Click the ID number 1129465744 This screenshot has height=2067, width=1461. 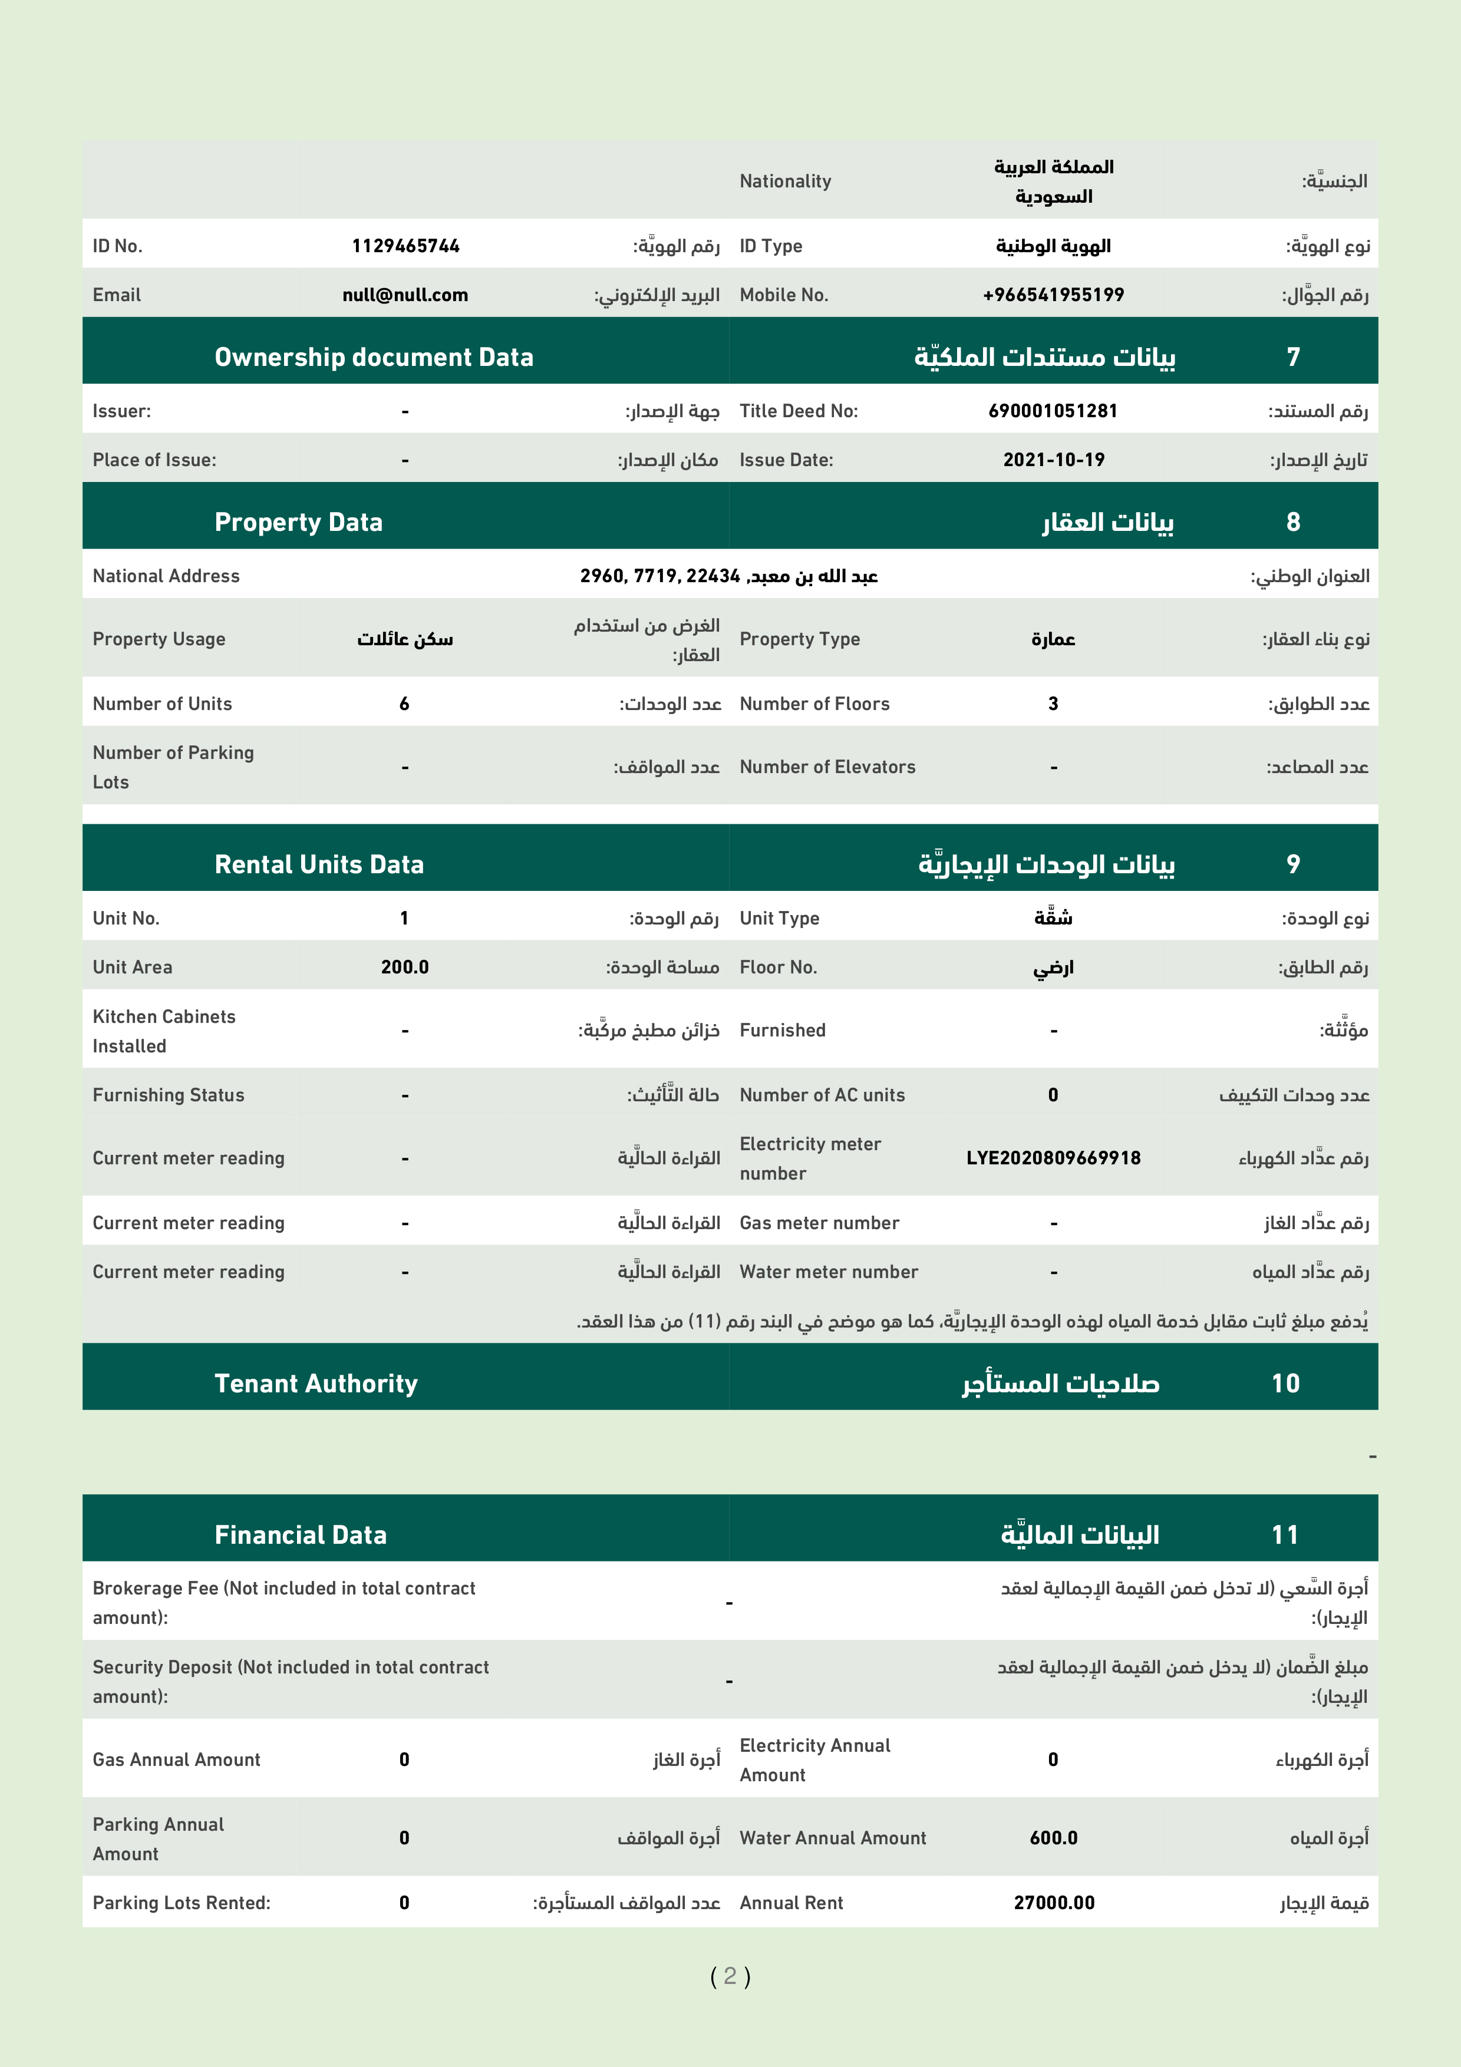pos(405,246)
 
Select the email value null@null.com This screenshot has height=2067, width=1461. pos(405,295)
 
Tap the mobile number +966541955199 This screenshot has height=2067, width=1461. pos(1053,295)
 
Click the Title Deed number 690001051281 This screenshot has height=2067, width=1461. pos(1053,411)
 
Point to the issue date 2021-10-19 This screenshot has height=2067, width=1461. pos(1053,460)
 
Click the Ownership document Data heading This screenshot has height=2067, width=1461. pos(374,358)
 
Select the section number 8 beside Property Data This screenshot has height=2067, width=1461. pos(1292,522)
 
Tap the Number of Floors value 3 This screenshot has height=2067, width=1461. pos(1053,704)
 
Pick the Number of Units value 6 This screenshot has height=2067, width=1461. pos(404,704)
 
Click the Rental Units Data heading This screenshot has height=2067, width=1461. pos(319,865)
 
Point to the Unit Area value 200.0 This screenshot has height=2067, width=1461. pos(404,968)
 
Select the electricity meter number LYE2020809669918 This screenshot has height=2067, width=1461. pos(1053,1158)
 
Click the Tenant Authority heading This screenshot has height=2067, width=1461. pos(316,1383)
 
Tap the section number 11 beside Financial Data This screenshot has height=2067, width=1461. pos(1285,1535)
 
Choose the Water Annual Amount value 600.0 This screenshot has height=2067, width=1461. pos(1053,1838)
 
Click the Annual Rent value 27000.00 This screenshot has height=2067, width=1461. pos(1053,1903)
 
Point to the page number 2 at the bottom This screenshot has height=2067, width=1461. pos(730,1976)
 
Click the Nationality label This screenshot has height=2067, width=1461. pos(785,181)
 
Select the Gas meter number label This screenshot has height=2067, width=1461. pos(819,1223)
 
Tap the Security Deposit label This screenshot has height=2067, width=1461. pos(290,1681)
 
